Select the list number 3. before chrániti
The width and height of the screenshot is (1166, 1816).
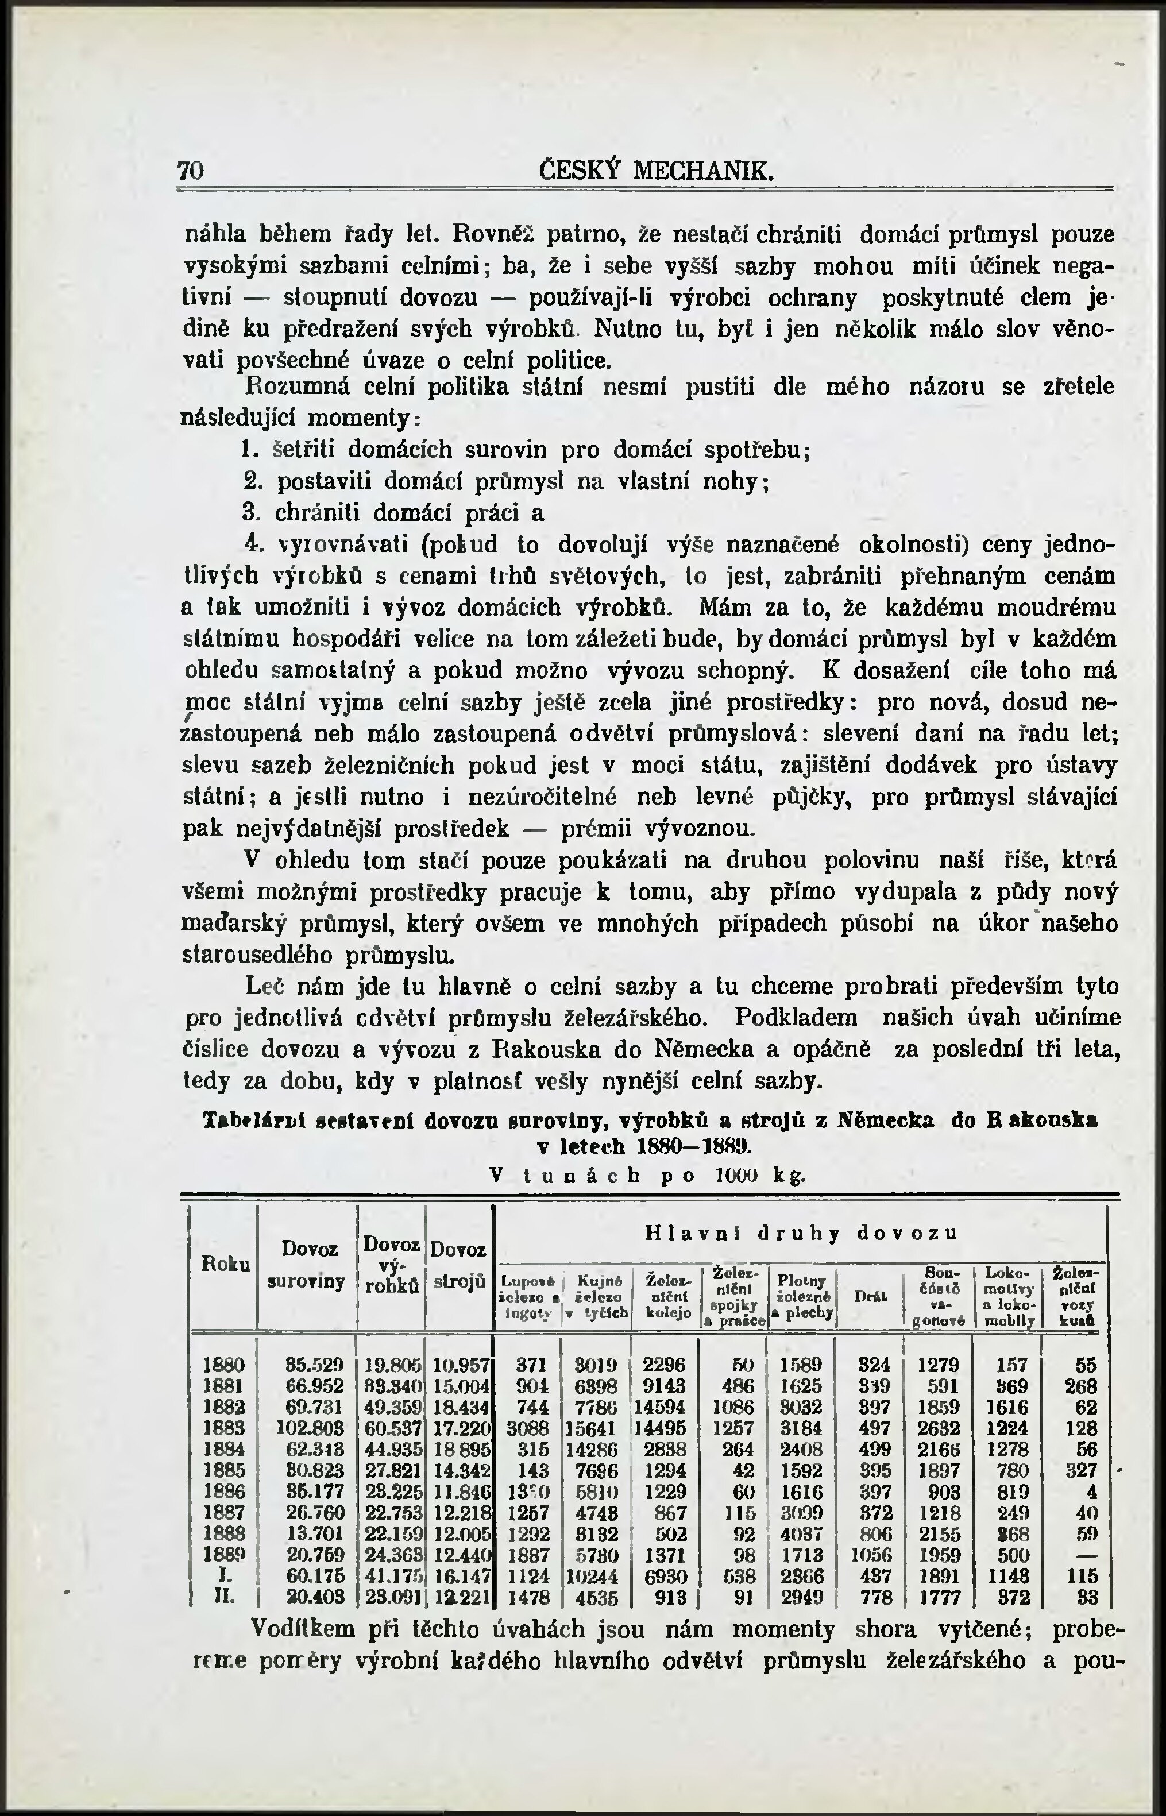tap(250, 513)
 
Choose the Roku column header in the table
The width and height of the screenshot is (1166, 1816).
tap(225, 1264)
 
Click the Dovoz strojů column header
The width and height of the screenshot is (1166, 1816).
tap(460, 1265)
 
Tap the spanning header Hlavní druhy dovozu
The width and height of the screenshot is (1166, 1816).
tap(802, 1234)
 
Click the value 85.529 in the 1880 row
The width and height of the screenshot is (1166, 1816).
tap(315, 1365)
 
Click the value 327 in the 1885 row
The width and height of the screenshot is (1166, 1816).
tap(1081, 1471)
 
